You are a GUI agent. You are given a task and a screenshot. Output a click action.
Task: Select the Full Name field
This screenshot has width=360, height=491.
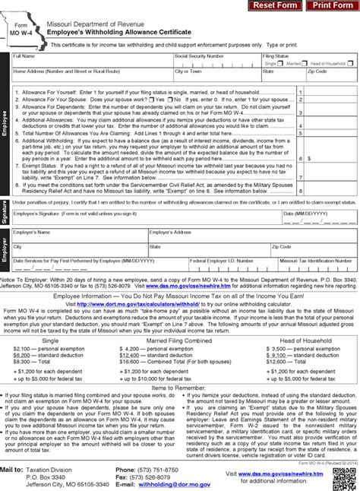[91, 61]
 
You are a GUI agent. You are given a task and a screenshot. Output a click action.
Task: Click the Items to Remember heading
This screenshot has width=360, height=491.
[179, 388]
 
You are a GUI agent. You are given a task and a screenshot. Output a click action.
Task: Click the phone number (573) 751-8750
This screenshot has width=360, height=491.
[164, 469]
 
